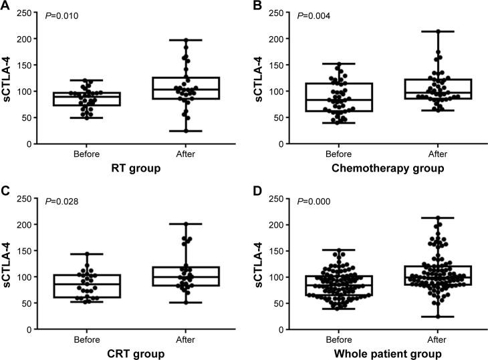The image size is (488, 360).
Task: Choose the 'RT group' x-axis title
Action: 137,169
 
